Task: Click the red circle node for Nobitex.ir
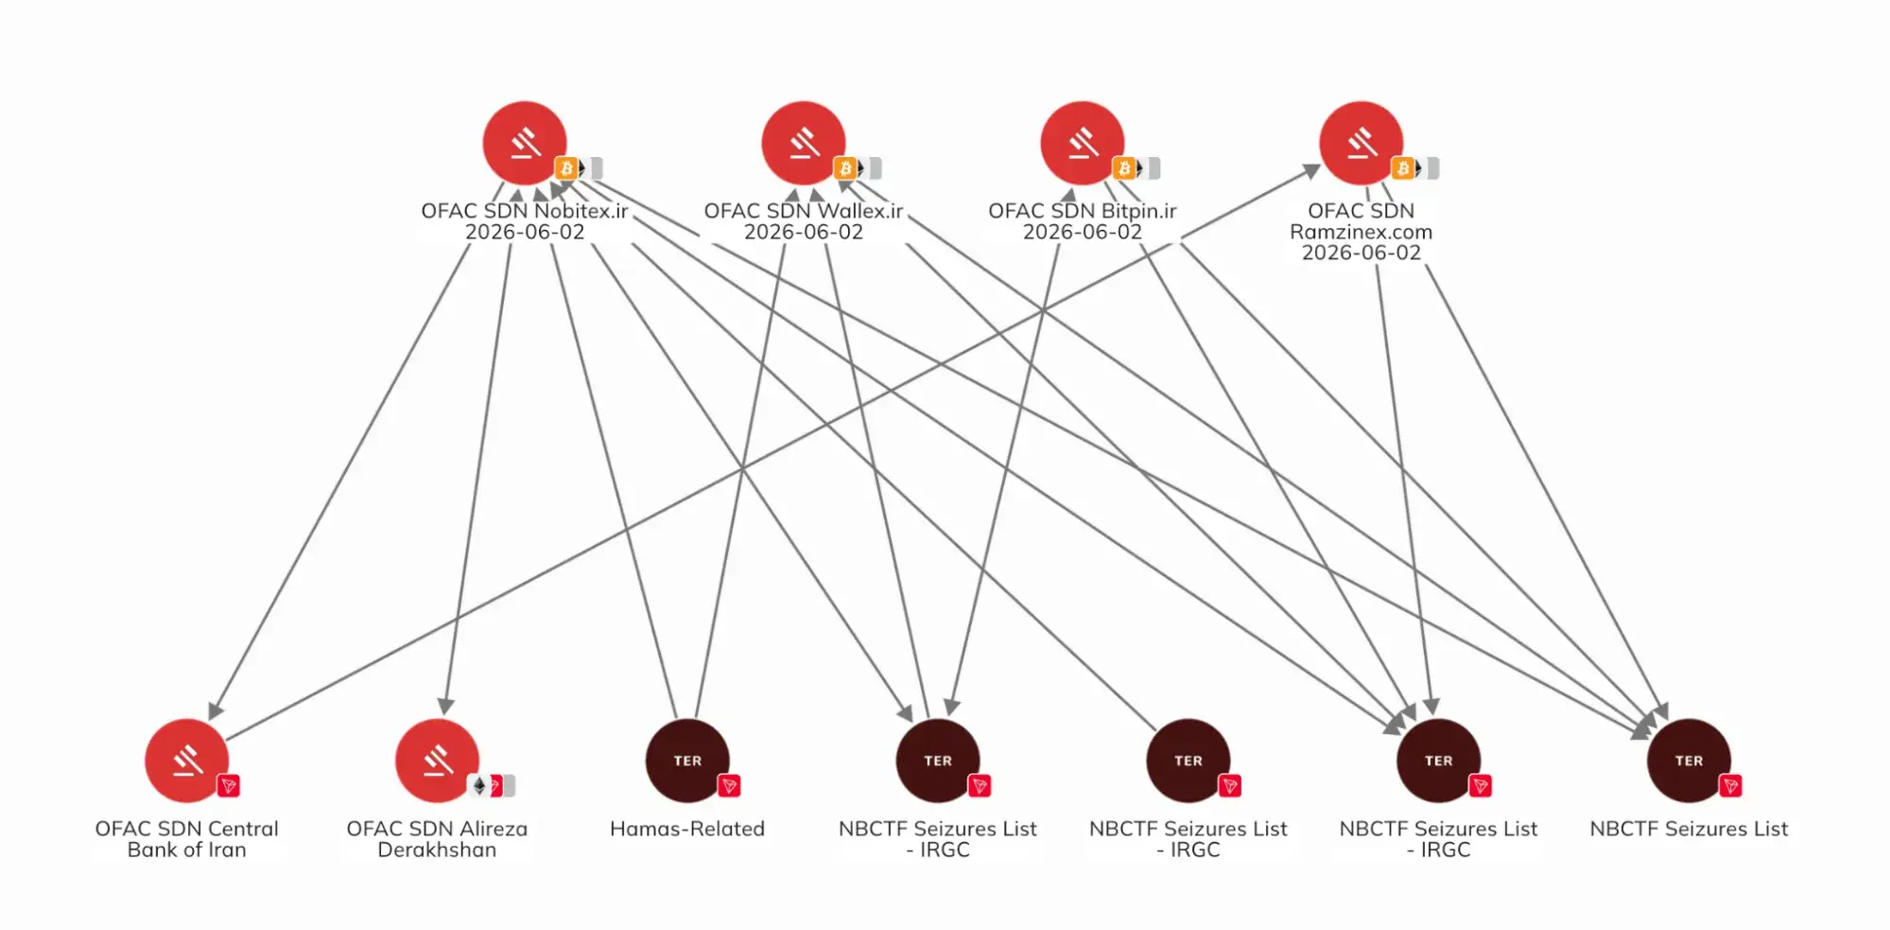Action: [525, 143]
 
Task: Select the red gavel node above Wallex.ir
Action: [804, 143]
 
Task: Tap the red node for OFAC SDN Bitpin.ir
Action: [1083, 143]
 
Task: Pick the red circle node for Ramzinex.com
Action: [1361, 143]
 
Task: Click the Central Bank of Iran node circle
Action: [186, 761]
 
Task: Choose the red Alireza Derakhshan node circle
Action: [437, 761]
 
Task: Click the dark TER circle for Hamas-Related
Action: [687, 761]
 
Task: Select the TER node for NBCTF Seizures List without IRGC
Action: [1689, 761]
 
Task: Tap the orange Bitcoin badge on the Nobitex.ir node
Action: [566, 168]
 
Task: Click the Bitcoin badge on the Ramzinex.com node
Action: [1403, 168]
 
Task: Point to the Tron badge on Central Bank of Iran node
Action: [228, 786]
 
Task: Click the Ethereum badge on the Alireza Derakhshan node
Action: [478, 786]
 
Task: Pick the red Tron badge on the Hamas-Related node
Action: [729, 786]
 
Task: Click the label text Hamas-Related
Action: [687, 829]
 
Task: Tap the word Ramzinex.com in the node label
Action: [1361, 232]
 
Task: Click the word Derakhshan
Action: [437, 850]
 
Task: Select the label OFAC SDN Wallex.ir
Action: [804, 211]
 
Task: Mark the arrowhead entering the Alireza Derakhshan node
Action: [446, 706]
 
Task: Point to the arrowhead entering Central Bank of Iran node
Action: [215, 711]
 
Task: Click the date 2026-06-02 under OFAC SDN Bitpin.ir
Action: [1083, 232]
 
